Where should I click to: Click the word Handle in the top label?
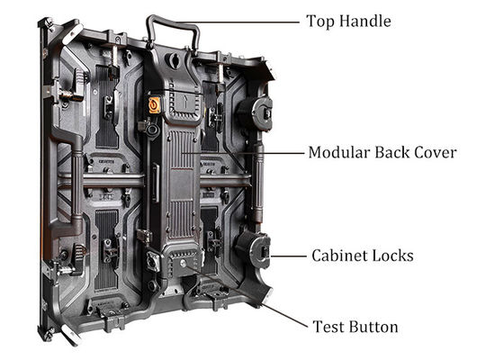(365, 22)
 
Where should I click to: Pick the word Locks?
(392, 256)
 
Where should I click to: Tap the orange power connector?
(155, 105)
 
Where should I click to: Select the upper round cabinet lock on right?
(255, 113)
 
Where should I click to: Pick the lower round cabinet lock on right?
(253, 250)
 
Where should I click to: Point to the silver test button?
(183, 264)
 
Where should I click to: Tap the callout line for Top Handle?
(238, 22)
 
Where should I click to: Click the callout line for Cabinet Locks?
(288, 256)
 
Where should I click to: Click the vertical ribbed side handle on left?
(76, 184)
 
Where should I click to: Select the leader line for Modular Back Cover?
(243, 153)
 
